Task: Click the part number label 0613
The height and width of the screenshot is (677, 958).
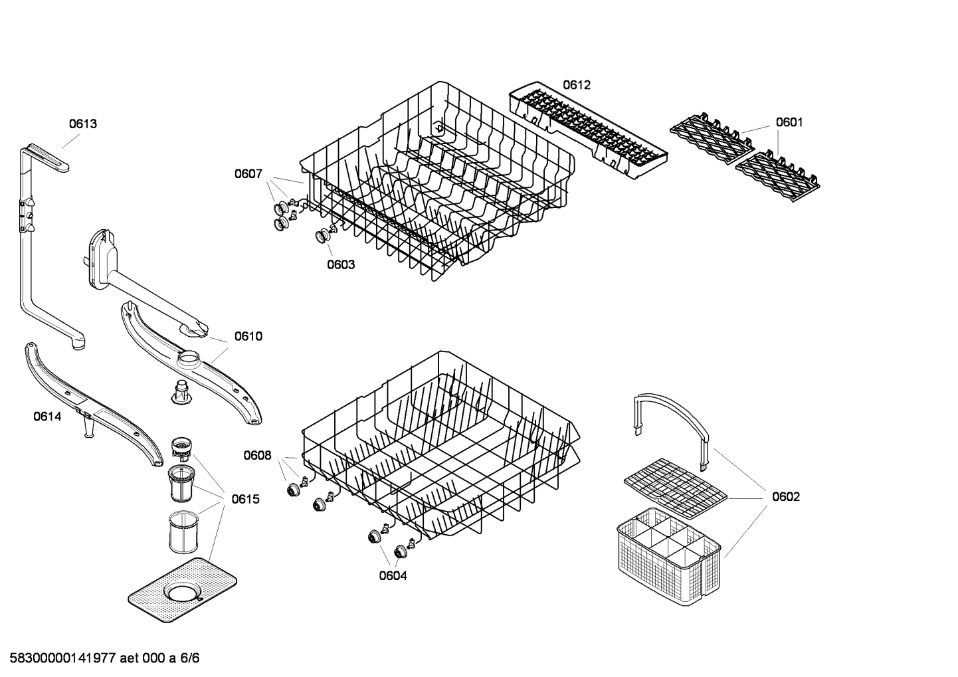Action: pos(83,124)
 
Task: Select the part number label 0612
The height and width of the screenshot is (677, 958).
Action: pos(576,85)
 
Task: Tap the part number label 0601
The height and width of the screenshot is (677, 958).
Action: pos(789,122)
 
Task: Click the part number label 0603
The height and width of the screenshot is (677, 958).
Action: pos(340,264)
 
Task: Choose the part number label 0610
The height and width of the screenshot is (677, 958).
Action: pos(248,336)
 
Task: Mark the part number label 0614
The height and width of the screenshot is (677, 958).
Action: pos(47,417)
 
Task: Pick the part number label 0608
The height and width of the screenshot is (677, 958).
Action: pos(257,455)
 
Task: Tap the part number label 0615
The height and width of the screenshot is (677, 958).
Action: pos(245,499)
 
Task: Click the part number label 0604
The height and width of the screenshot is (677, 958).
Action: pos(393,575)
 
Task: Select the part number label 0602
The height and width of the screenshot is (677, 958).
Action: pos(785,496)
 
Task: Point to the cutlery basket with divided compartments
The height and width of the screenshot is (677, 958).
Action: pos(668,558)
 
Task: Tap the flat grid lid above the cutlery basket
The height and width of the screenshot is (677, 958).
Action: pos(675,488)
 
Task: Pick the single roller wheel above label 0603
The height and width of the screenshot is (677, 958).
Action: pos(324,235)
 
